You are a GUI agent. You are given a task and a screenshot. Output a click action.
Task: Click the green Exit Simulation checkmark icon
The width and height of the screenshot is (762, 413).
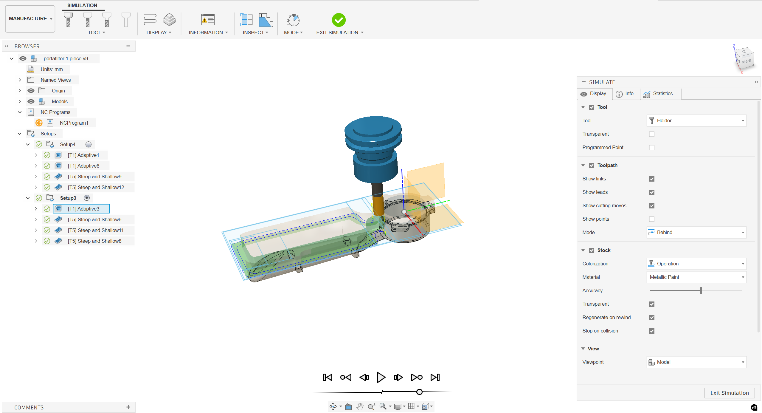pos(339,20)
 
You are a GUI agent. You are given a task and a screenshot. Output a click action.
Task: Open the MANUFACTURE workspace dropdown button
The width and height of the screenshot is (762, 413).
pos(30,18)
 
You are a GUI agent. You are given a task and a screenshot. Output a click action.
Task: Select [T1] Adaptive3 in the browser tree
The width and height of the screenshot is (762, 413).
pos(83,209)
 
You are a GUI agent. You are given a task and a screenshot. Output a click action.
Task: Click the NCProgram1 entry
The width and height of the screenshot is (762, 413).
pos(74,123)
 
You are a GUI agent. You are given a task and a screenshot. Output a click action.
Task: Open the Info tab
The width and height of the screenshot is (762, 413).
pos(625,94)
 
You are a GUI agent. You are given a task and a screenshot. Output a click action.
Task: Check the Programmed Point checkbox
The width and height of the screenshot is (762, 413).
pos(651,148)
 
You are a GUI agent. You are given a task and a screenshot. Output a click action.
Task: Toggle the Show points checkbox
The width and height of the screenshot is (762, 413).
pos(651,219)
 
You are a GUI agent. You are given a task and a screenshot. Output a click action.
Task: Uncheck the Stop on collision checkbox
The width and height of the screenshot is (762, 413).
pos(651,331)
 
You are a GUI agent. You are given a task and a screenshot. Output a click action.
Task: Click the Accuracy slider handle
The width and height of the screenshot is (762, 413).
pos(701,290)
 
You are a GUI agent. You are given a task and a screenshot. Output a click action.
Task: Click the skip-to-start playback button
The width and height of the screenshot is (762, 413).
pos(328,377)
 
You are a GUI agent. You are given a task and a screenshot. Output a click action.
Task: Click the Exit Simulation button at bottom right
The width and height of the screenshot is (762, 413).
pos(729,393)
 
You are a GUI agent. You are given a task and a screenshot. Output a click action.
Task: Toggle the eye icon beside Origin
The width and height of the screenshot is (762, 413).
pos(31,91)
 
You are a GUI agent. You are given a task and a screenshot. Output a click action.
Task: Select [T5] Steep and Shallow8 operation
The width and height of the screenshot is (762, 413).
pos(94,241)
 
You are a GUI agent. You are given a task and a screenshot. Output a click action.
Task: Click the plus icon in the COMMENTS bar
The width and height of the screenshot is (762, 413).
pos(128,407)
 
